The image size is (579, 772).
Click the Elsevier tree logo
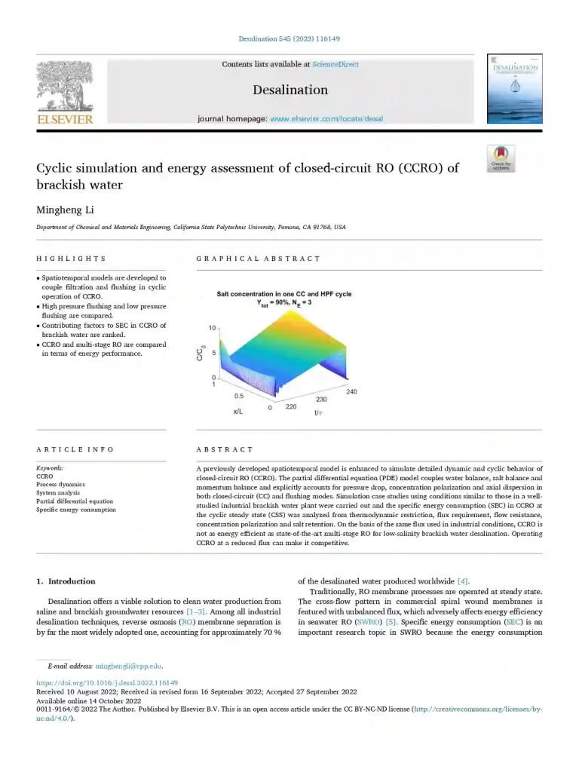[65, 87]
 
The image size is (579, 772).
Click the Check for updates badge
[501, 159]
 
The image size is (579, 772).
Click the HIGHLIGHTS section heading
[71, 259]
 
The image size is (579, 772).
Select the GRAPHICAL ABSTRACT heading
[258, 259]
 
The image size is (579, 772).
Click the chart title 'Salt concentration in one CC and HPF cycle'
[284, 294]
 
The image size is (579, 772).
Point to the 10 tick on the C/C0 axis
[213, 329]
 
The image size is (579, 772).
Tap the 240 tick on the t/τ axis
[352, 392]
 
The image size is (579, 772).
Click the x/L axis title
[238, 412]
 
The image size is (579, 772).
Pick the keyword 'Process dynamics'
[60, 485]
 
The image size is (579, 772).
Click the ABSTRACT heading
[225, 449]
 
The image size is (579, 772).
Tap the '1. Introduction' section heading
[66, 581]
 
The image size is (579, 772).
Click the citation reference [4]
[463, 581]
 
